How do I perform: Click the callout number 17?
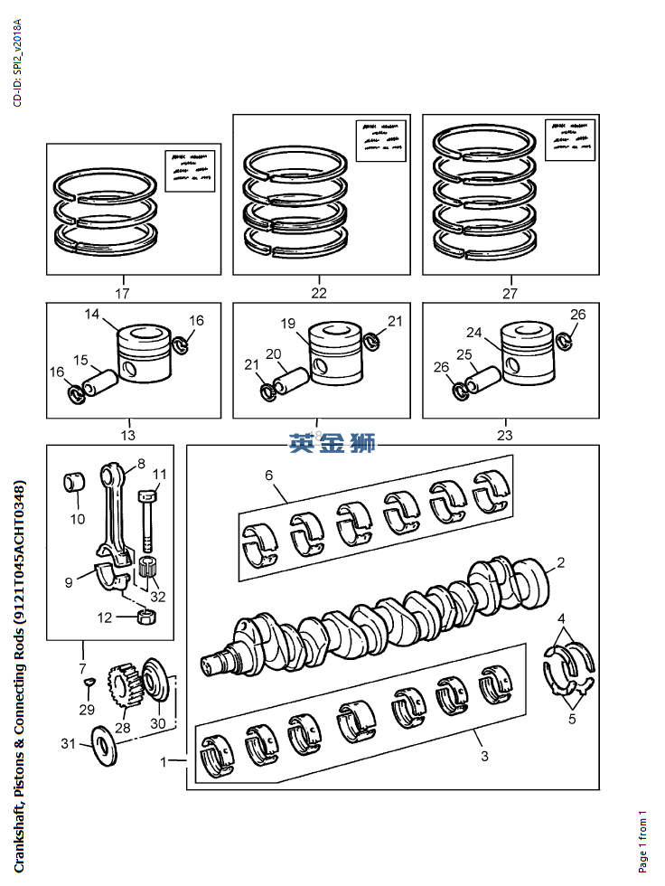[x=122, y=293]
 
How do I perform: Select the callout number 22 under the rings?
[x=319, y=293]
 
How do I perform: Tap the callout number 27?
[x=510, y=293]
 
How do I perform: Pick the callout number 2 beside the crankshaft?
[x=560, y=562]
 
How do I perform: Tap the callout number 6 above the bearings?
[x=269, y=475]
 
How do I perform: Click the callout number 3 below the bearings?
[x=484, y=756]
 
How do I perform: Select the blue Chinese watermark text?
[x=332, y=444]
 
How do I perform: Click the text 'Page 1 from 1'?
[x=642, y=842]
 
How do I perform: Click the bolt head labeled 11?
[x=149, y=495]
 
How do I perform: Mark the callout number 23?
[x=504, y=434]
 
